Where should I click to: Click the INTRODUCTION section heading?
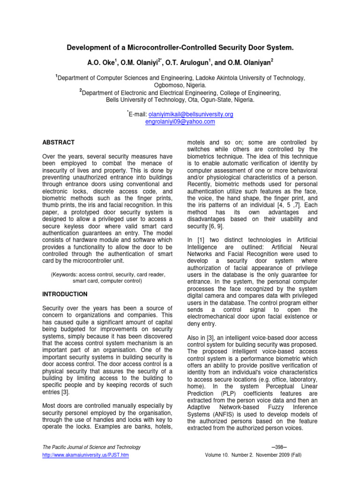pyautogui.click(x=65, y=294)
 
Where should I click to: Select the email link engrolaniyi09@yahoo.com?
pyautogui.click(x=180, y=122)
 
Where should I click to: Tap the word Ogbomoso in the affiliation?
pyautogui.click(x=171, y=86)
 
